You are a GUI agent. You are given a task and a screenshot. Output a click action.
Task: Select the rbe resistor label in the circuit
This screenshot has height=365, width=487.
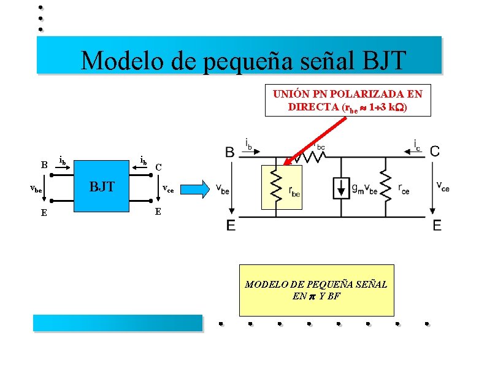[x=295, y=191]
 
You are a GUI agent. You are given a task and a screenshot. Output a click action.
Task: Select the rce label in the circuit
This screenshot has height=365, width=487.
[x=404, y=190]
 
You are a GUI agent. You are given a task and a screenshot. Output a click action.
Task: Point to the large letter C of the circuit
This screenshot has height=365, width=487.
[x=435, y=151]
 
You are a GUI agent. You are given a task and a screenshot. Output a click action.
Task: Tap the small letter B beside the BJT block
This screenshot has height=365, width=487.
[x=44, y=164]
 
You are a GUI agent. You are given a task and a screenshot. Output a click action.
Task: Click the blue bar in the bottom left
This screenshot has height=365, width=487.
[x=117, y=323]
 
